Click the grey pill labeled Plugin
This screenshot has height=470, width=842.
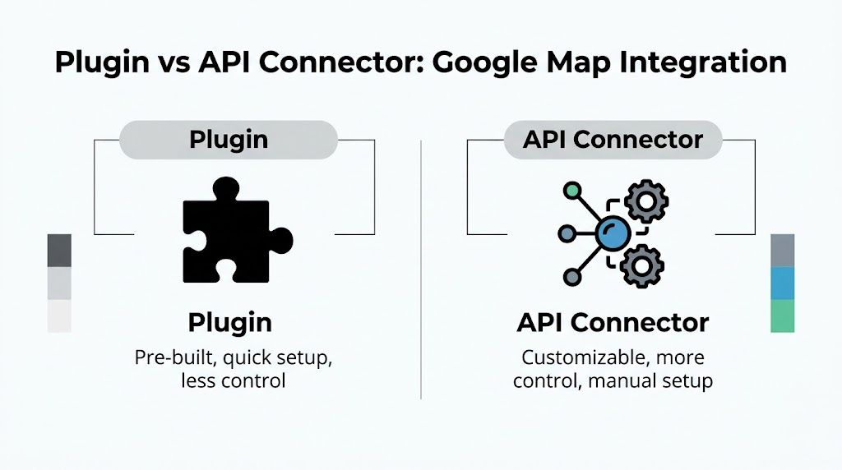click(229, 140)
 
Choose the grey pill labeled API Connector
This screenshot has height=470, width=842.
click(613, 140)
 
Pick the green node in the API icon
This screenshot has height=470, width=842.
click(572, 191)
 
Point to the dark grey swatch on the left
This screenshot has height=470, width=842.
click(59, 251)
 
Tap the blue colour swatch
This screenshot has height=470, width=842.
click(783, 283)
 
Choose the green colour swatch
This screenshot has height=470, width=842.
click(783, 316)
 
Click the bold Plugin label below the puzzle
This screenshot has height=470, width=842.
click(229, 322)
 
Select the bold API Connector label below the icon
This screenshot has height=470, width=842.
click(613, 322)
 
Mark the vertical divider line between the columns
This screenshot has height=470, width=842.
click(421, 271)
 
